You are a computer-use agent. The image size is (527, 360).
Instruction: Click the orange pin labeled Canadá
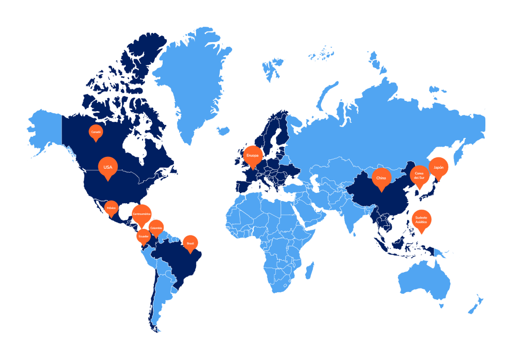(95, 132)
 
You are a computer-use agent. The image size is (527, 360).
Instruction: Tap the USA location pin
(108, 167)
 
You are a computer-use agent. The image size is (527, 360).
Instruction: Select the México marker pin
(111, 208)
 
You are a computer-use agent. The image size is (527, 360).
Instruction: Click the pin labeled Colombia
(156, 227)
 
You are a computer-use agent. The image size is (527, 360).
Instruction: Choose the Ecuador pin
(144, 236)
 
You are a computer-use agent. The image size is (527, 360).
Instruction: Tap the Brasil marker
(190, 243)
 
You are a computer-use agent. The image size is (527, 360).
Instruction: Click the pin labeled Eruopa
(253, 155)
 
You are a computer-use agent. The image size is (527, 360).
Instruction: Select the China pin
(381, 178)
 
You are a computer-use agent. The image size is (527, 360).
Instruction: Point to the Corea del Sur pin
(419, 174)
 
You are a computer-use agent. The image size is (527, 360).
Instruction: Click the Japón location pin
(438, 167)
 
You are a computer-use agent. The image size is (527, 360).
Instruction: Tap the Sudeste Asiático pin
(421, 220)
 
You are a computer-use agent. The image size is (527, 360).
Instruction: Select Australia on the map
(425, 283)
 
